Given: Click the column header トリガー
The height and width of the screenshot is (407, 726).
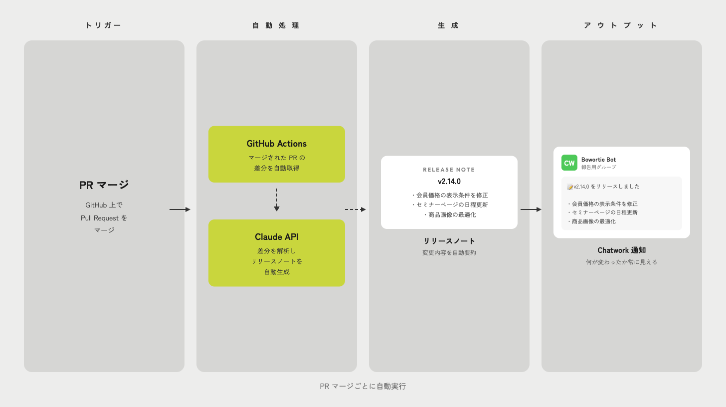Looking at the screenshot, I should [x=103, y=25].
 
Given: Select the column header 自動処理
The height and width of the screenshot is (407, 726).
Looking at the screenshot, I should [x=276, y=25].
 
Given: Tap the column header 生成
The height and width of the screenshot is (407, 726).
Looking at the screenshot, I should [x=448, y=25].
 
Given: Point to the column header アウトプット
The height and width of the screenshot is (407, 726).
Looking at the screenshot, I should [x=621, y=25].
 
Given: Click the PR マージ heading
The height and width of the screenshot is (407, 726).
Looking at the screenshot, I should [x=104, y=185].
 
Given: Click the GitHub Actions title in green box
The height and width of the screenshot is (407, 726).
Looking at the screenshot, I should [x=276, y=144].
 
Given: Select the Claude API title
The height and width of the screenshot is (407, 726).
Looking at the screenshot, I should [x=276, y=237].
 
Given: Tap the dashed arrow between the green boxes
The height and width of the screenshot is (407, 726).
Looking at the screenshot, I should [x=276, y=200].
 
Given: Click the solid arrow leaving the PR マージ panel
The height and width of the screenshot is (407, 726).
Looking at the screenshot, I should [x=180, y=209].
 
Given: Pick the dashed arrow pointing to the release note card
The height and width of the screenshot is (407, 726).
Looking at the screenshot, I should [x=356, y=209].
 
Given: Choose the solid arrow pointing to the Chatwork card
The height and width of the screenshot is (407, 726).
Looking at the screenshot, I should [x=531, y=209].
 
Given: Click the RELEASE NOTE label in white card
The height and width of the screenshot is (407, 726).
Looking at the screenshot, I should [x=449, y=170].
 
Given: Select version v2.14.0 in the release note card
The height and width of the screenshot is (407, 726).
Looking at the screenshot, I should [x=449, y=182].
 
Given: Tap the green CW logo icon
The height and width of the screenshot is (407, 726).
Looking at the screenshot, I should [x=569, y=163].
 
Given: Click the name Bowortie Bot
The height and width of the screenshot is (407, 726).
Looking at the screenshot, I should [x=598, y=160].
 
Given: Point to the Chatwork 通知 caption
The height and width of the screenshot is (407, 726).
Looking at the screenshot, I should [x=621, y=250].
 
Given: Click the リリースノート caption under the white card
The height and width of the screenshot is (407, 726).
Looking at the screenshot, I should [x=449, y=241].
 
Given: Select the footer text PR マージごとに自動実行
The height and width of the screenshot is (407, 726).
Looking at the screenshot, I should [x=363, y=386].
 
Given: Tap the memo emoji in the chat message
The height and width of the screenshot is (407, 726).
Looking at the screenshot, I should [x=570, y=187].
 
